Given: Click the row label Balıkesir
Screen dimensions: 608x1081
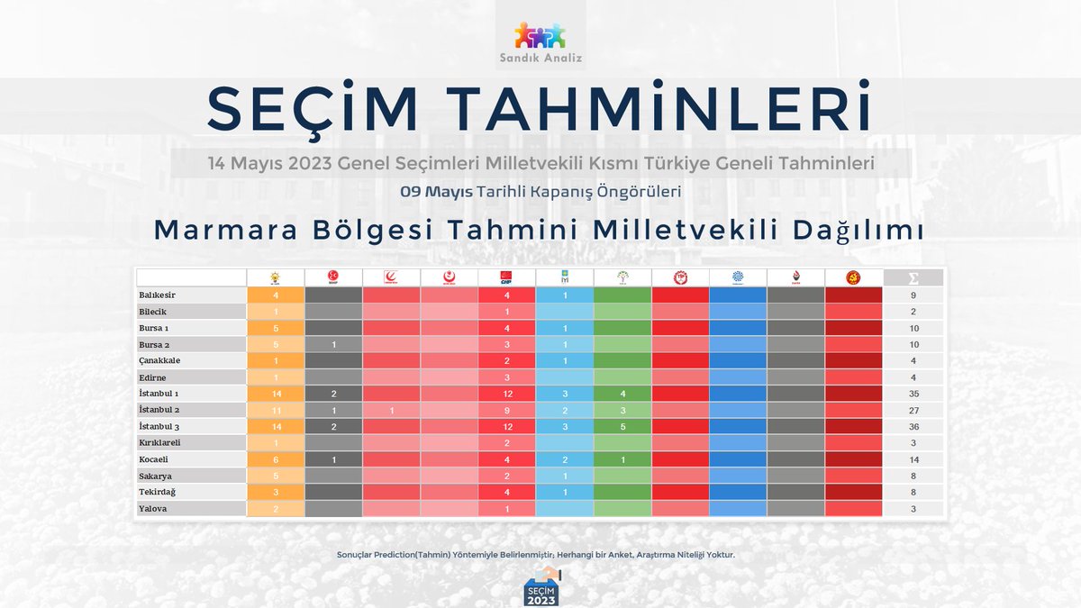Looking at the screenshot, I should [158, 295].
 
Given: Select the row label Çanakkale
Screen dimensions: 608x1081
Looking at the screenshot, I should [161, 360].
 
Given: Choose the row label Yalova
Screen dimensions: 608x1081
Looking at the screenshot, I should [153, 508].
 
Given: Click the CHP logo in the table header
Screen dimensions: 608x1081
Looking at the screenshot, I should [506, 277].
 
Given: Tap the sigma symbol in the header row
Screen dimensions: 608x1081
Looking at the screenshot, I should [913, 277].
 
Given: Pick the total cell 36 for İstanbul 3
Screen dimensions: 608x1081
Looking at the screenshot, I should [913, 426].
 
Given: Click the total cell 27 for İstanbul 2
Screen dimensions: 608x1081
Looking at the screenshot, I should [913, 410].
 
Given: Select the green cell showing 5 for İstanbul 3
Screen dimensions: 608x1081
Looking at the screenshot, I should [622, 426].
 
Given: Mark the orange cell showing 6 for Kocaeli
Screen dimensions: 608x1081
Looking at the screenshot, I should [275, 459].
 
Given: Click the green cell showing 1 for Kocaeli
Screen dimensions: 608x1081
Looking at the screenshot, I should [622, 459].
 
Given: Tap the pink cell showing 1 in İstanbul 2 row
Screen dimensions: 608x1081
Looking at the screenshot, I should [391, 410].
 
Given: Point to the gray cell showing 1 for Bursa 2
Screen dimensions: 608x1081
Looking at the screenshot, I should [333, 344].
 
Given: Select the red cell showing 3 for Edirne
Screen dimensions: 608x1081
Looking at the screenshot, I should [506, 377].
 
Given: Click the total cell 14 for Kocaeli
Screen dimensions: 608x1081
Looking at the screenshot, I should [913, 459].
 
